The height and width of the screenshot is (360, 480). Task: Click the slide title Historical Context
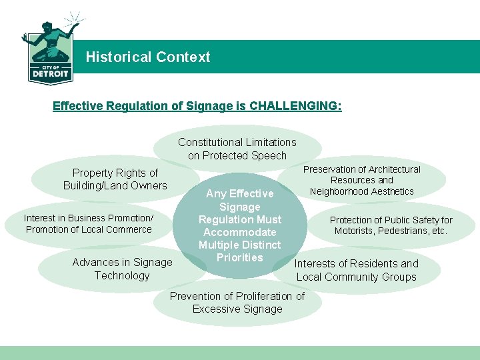coord(147,57)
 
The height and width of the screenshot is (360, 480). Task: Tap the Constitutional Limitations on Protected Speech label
coord(237,149)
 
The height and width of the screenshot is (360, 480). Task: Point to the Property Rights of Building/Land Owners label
coord(115,179)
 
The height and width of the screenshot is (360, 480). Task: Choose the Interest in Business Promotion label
coord(89,223)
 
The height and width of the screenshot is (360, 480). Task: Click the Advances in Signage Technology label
coord(122,269)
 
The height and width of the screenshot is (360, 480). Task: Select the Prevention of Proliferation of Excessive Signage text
coord(237,302)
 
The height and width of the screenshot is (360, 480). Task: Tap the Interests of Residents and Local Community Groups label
coord(356,270)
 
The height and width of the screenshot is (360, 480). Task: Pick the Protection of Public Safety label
coord(391,225)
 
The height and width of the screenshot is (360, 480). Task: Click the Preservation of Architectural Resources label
coord(362,180)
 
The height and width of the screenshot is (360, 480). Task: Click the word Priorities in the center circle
coord(240,257)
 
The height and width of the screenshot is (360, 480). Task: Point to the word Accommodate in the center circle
coord(240,232)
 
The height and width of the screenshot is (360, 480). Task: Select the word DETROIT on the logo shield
coord(50,75)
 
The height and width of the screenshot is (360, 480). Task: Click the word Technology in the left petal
coord(122,275)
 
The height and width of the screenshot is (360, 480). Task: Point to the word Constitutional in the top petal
coord(209,142)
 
